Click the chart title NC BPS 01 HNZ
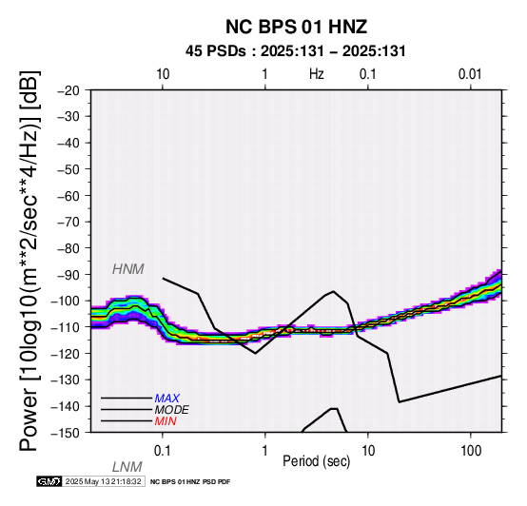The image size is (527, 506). tap(296, 27)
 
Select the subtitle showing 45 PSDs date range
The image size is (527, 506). tap(296, 51)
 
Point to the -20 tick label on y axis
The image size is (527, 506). tap(68, 90)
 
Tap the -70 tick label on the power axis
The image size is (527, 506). tap(68, 223)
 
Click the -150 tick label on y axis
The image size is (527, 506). tap(66, 433)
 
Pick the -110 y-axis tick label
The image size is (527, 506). tap(66, 327)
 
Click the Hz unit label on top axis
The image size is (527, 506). tap(316, 74)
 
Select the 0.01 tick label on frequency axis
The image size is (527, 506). tap(470, 74)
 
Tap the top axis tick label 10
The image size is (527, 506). tap(163, 74)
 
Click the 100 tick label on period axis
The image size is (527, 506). tap(471, 451)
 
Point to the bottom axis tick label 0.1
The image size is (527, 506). tap(163, 451)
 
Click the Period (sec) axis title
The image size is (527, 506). tap(316, 461)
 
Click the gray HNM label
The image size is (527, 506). tap(128, 269)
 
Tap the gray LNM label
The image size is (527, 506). tap(127, 467)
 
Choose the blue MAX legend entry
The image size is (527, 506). tap(167, 399)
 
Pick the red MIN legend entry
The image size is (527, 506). tap(166, 421)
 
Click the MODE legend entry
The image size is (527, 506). tap(172, 410)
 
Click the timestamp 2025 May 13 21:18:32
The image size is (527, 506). tap(103, 482)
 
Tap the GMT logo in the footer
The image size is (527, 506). tap(49, 482)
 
